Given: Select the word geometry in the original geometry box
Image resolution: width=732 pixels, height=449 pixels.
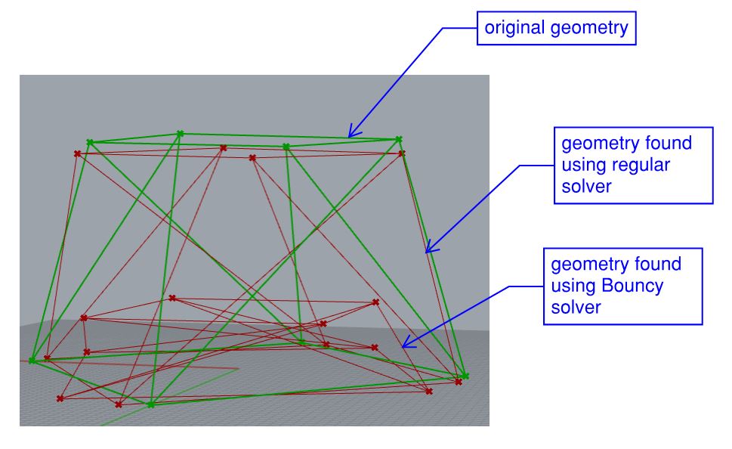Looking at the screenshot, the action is [589, 29].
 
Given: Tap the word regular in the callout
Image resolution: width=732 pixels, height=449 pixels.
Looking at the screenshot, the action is [639, 165].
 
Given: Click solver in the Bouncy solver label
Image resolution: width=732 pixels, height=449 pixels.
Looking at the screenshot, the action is [576, 308].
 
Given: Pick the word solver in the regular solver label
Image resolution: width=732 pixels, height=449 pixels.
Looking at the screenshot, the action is [586, 187].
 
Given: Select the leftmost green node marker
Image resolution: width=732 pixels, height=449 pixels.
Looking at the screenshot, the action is [32, 361].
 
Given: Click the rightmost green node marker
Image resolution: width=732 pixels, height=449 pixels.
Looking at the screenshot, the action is [465, 376].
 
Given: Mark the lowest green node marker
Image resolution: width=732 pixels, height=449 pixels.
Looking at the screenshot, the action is [151, 404].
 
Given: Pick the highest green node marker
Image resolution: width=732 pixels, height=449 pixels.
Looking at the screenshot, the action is [181, 134].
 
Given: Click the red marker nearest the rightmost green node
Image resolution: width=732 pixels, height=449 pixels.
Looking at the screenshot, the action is [459, 382].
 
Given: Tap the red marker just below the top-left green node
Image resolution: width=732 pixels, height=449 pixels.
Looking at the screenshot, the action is [78, 153].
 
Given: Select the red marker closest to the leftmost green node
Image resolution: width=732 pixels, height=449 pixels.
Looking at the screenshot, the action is [47, 358].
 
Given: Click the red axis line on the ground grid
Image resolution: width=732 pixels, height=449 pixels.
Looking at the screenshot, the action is [129, 365].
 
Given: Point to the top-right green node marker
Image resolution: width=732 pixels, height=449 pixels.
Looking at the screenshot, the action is [399, 139].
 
